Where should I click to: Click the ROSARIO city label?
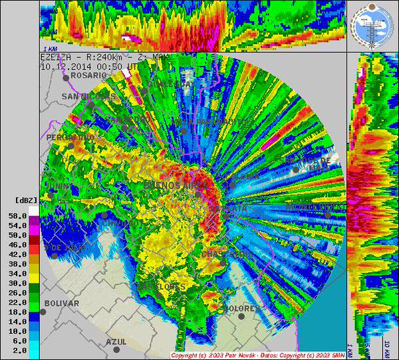tap(88, 75)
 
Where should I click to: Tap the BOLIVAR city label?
tap(61, 303)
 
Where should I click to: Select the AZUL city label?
tap(116, 341)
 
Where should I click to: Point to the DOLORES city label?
tap(241, 309)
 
